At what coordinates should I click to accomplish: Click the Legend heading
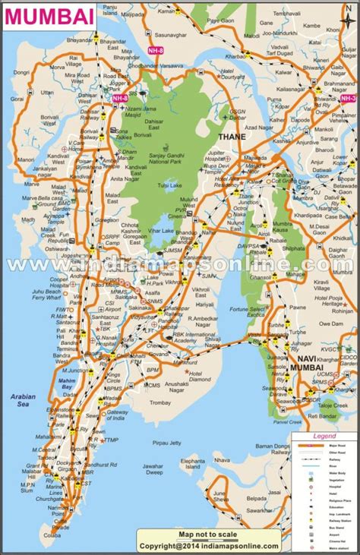pyautogui.click(x=324, y=437)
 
